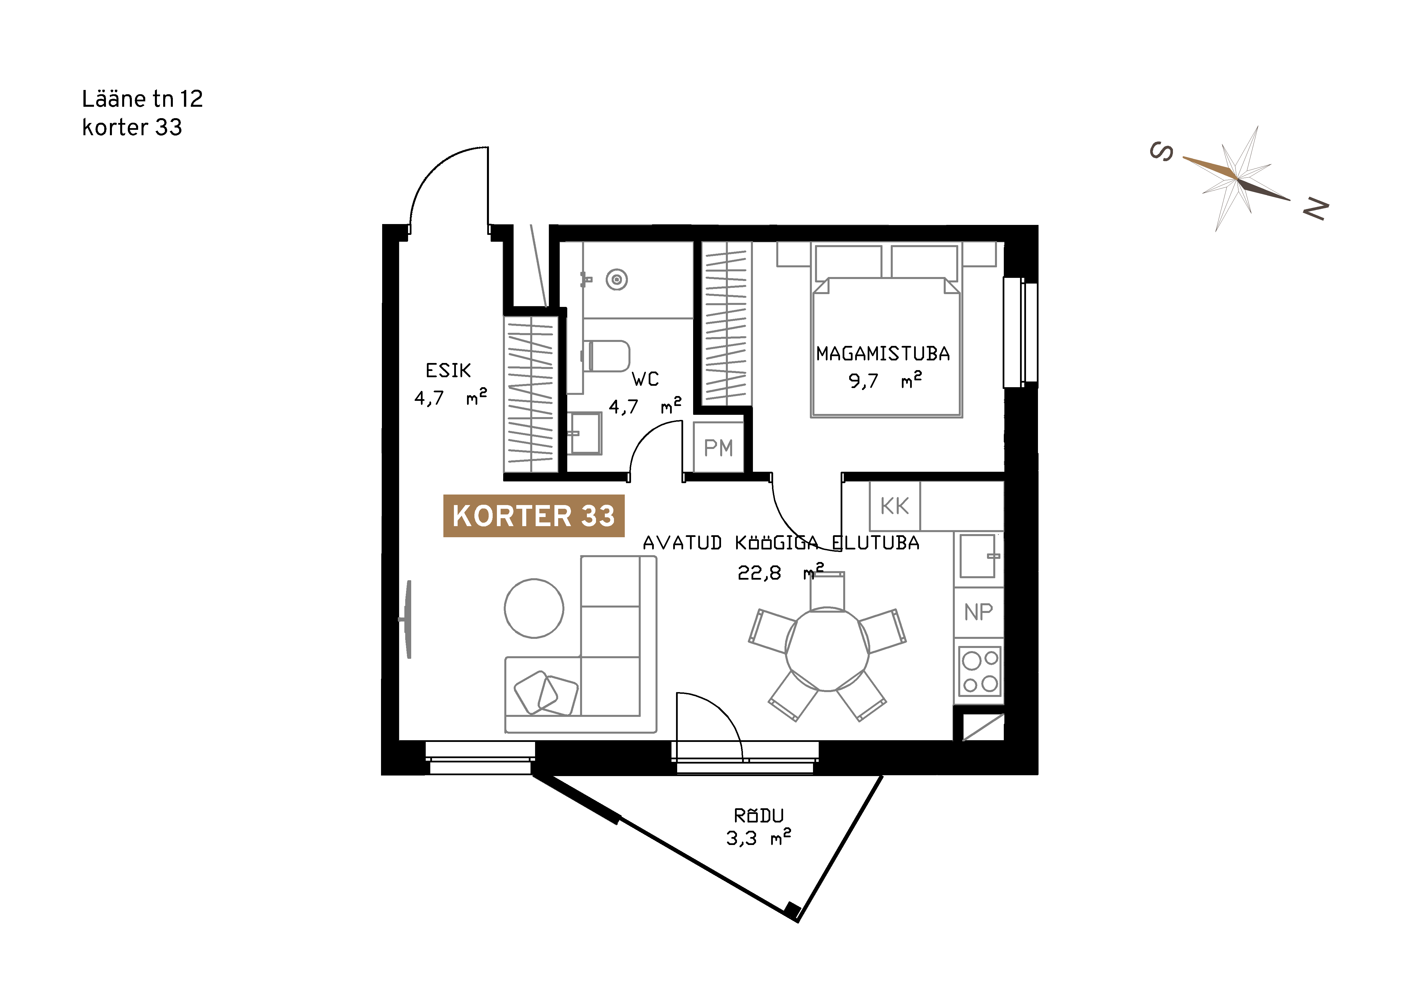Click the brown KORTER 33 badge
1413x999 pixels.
click(534, 516)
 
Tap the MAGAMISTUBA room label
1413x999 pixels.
click(882, 354)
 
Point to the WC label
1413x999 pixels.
click(645, 379)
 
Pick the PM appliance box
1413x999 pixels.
click(718, 447)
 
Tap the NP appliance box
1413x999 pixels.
click(978, 612)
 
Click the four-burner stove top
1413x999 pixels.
click(980, 671)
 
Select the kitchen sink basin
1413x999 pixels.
click(978, 555)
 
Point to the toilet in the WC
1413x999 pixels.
click(606, 356)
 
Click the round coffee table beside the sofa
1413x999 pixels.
click(534, 608)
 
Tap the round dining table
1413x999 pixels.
click(827, 650)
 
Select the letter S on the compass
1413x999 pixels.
click(1161, 151)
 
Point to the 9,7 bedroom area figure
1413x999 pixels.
click(863, 381)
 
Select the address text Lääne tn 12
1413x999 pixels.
click(142, 99)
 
